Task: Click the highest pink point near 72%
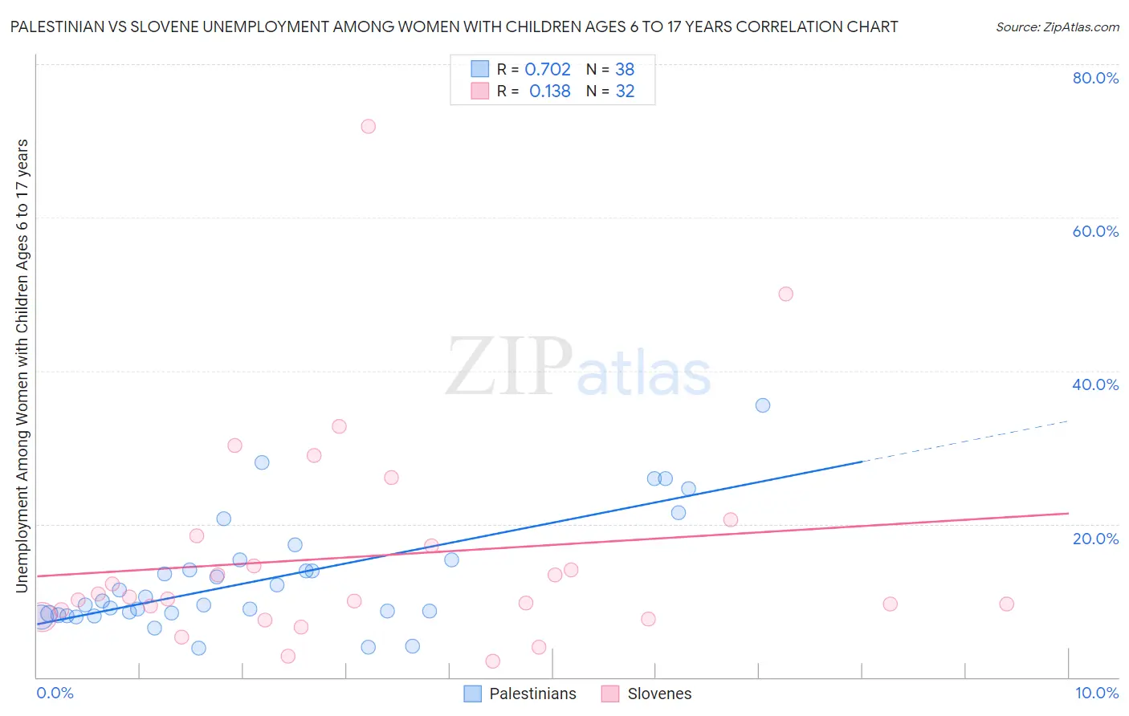pos(368,126)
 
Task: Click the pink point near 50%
pos(785,294)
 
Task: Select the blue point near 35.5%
pos(763,405)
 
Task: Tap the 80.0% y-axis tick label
pos(1095,78)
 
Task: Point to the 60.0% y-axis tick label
pos(1095,231)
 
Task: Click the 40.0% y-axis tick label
pos(1095,384)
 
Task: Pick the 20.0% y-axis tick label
pos(1095,538)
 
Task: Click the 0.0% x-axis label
pos(55,693)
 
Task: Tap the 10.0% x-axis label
pos(1096,693)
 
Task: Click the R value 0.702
pos(548,70)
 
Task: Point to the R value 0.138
pos(549,92)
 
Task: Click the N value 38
pos(625,70)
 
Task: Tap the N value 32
pos(625,92)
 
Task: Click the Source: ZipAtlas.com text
pos(1057,27)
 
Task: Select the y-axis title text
pos(22,366)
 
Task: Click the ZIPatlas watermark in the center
pos(578,368)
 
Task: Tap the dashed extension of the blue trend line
pos(964,441)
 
